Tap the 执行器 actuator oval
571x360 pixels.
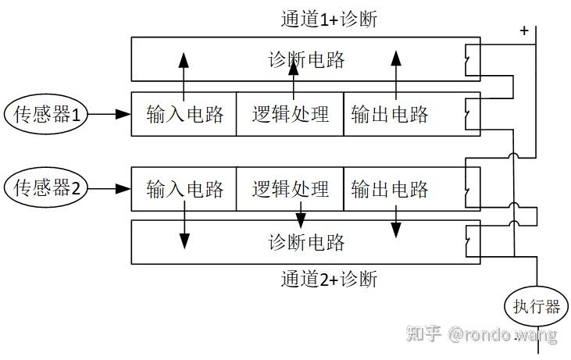pyautogui.click(x=536, y=305)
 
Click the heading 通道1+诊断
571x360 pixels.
pyautogui.click(x=329, y=19)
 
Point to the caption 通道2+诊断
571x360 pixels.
pyautogui.click(x=329, y=278)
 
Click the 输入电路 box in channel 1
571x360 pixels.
pyautogui.click(x=184, y=115)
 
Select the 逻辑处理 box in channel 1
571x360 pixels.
pyautogui.click(x=291, y=115)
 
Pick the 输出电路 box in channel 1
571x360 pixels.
pyautogui.click(x=391, y=115)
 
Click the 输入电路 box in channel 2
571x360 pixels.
pyautogui.click(x=184, y=189)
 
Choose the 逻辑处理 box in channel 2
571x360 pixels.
pyautogui.click(x=291, y=189)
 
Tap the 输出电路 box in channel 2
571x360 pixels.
pyautogui.click(x=391, y=189)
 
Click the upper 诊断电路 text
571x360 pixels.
pyautogui.click(x=306, y=59)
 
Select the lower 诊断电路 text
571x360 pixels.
pyautogui.click(x=306, y=242)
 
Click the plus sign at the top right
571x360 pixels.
pyautogui.click(x=523, y=30)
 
